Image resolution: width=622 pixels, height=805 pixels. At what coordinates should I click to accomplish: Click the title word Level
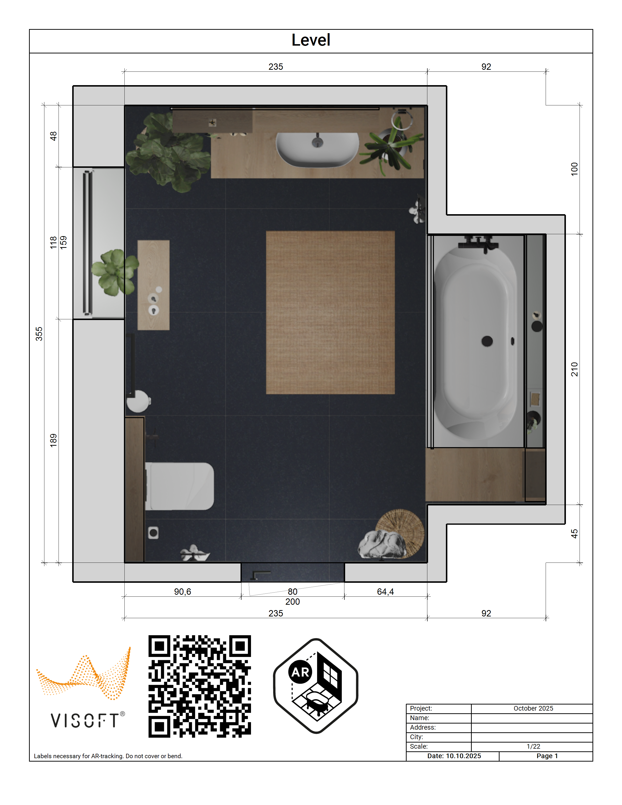(311, 40)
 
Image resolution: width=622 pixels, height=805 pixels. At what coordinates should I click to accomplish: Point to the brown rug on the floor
(330, 312)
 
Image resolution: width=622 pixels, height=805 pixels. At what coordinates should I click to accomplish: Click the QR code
(200, 686)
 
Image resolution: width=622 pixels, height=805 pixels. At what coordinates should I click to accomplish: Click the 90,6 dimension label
(182, 592)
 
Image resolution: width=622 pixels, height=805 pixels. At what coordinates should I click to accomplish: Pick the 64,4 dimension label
(385, 592)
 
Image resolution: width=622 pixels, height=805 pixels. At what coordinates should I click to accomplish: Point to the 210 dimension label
(574, 369)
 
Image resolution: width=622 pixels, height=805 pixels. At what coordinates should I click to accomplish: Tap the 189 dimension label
(53, 441)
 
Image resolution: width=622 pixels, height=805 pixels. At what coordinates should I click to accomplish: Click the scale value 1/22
(533, 746)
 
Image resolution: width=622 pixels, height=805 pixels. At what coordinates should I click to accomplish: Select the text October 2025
(533, 708)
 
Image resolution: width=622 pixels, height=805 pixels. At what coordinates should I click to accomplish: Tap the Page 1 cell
(547, 756)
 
